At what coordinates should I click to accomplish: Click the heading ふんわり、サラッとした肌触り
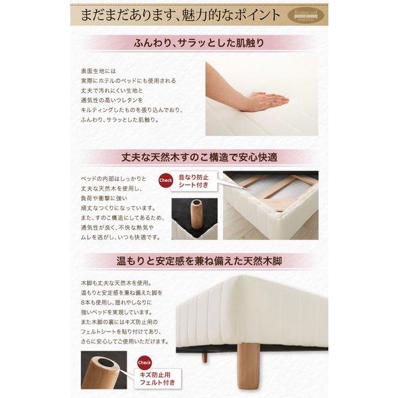pos(199,44)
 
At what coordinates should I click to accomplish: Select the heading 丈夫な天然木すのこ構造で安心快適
pos(199,157)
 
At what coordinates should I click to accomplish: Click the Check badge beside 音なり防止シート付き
pos(166,180)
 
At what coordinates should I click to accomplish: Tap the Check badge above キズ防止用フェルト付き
pos(145,362)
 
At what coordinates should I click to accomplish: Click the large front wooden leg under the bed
pos(249,368)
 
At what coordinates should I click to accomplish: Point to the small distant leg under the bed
pos(204,357)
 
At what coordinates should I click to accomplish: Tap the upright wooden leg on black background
pos(198,214)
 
